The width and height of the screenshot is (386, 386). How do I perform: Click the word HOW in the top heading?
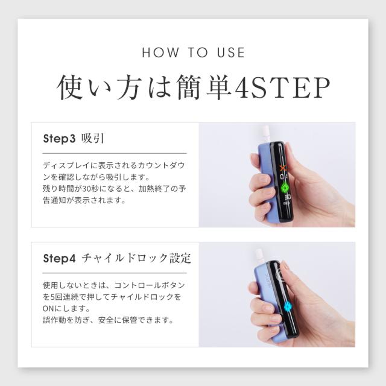(161, 52)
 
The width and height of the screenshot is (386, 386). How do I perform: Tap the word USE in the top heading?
(231, 52)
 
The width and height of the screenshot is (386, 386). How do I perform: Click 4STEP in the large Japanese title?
(282, 87)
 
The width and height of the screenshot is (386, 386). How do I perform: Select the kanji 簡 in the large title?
(189, 87)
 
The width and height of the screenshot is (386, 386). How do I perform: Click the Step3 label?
(59, 138)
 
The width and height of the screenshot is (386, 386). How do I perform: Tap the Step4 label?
(59, 258)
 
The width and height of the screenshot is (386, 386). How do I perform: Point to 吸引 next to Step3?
(92, 138)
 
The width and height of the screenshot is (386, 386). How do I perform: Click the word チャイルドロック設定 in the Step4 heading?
(136, 258)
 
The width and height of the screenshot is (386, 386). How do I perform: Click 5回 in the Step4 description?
(56, 297)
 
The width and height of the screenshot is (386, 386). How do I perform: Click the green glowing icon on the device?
(285, 188)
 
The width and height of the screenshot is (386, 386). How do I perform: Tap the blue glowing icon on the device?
(288, 307)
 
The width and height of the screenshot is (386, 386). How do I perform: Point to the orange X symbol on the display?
(283, 168)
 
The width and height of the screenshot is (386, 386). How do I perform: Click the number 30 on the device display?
(288, 197)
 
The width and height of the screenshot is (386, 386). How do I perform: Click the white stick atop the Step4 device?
(259, 256)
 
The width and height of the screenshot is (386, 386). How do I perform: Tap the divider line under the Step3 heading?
(115, 153)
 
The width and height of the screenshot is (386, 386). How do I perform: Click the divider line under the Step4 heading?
(115, 273)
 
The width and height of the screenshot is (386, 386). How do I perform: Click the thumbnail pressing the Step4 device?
(285, 267)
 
